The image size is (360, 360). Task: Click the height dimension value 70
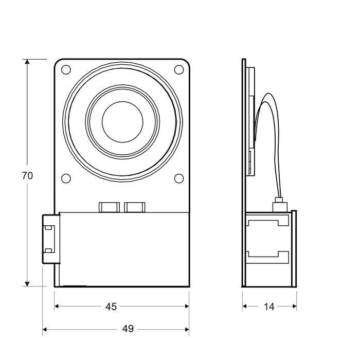[27, 175]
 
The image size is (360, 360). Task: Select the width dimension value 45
[111, 307]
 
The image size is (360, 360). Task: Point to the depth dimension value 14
[269, 307]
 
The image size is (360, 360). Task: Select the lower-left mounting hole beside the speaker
[66, 178]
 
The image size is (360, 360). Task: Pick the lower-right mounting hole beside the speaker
[178, 178]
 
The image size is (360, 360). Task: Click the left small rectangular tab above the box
[109, 207]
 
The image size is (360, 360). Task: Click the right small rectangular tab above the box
[135, 207]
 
